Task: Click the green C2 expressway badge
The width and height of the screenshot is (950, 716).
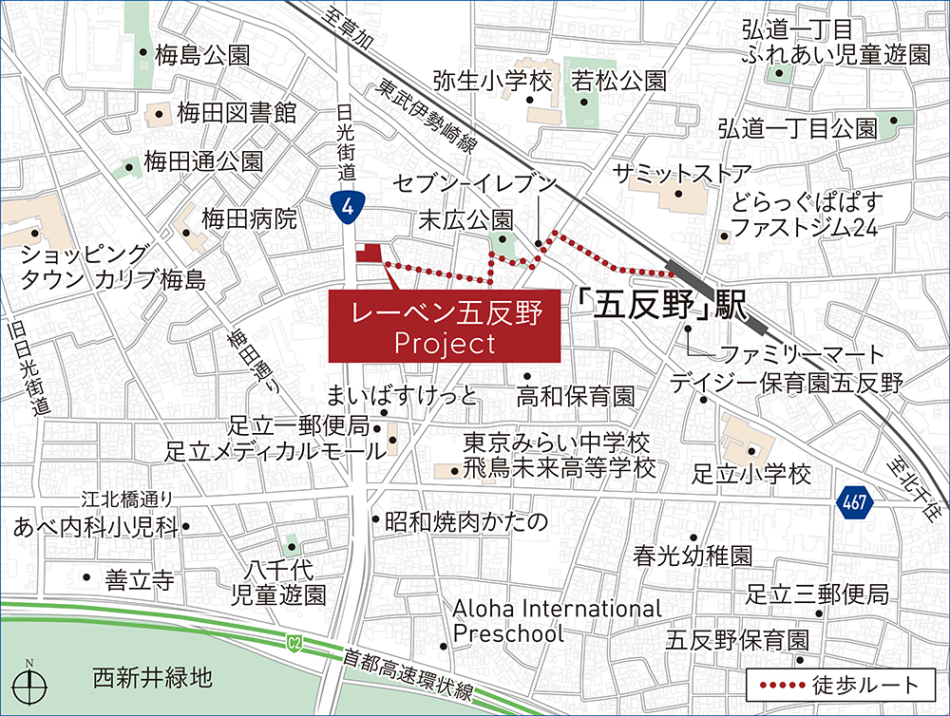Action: pos(294,644)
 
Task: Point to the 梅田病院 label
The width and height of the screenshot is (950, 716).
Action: pos(249,220)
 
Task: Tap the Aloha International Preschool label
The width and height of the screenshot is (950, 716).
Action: pos(557,620)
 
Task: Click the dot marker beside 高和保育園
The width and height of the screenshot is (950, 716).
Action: pos(527,376)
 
